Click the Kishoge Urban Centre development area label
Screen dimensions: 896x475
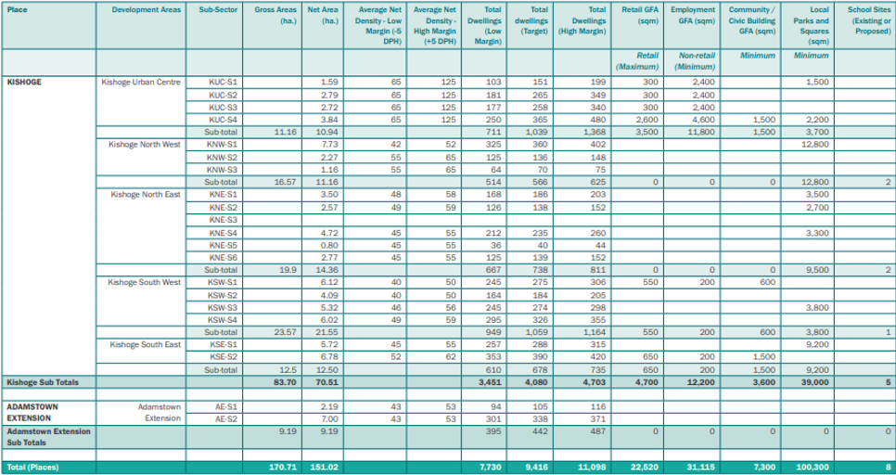click(x=141, y=82)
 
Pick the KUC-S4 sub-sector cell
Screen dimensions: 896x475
click(x=218, y=120)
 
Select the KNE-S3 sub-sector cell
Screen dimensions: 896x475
click(x=218, y=220)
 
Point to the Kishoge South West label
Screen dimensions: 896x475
click(x=145, y=282)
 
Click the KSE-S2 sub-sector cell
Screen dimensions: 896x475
click(x=218, y=357)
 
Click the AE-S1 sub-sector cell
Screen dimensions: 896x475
click(x=219, y=407)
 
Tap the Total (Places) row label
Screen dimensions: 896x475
click(x=32, y=467)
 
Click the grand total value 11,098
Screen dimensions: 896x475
click(x=592, y=467)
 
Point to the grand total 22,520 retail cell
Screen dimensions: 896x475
click(x=644, y=467)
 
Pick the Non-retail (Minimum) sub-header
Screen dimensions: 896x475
click(x=697, y=61)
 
